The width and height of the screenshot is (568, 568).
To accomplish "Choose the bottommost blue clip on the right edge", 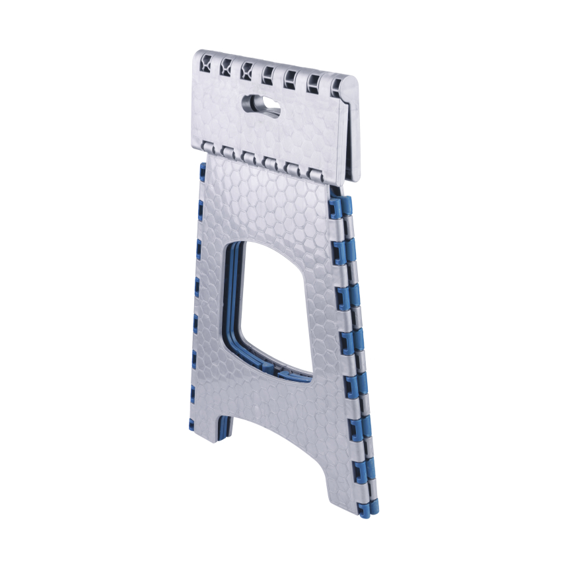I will [x=367, y=509].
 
